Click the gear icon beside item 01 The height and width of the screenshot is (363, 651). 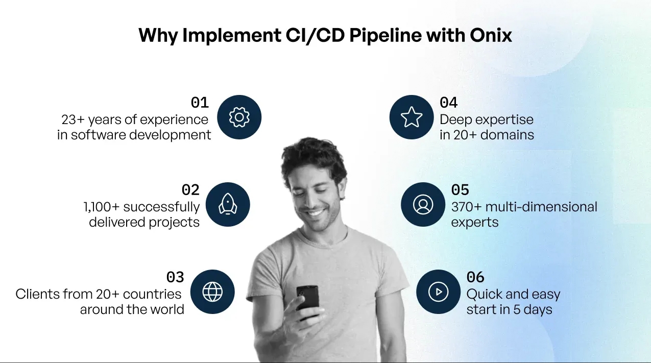click(239, 117)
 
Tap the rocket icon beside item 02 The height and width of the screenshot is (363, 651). click(227, 205)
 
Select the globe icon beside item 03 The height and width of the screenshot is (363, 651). click(212, 292)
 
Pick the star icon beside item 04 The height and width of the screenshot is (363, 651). click(412, 117)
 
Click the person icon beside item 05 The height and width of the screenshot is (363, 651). click(423, 205)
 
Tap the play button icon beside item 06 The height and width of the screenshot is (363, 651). click(438, 292)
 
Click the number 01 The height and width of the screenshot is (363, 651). click(200, 103)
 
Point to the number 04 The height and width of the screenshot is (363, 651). click(449, 103)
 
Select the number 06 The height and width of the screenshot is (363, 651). click(475, 277)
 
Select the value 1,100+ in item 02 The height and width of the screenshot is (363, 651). click(102, 207)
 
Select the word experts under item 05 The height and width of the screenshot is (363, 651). click(475, 223)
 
